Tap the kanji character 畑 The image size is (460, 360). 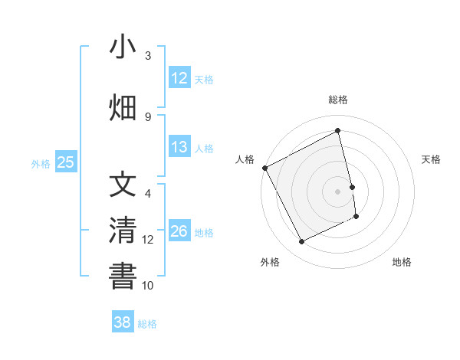point(123,108)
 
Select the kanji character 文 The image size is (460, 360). point(123,185)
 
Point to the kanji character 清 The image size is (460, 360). point(123,231)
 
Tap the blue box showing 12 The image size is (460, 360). point(179,78)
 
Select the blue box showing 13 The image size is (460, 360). point(179,147)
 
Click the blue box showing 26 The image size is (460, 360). point(179,231)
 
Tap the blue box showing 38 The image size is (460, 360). point(122,322)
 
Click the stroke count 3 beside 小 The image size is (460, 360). point(148,56)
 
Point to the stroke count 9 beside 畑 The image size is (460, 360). point(148,116)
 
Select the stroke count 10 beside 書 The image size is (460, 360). point(148,285)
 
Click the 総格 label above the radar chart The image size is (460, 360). point(338,100)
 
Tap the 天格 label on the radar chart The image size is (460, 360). point(432,159)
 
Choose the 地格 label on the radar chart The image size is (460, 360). point(402,262)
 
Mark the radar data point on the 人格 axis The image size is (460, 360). point(264,168)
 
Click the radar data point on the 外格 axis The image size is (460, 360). point(301,242)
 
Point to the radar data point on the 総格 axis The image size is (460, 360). point(338,131)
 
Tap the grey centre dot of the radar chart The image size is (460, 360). point(338,191)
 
